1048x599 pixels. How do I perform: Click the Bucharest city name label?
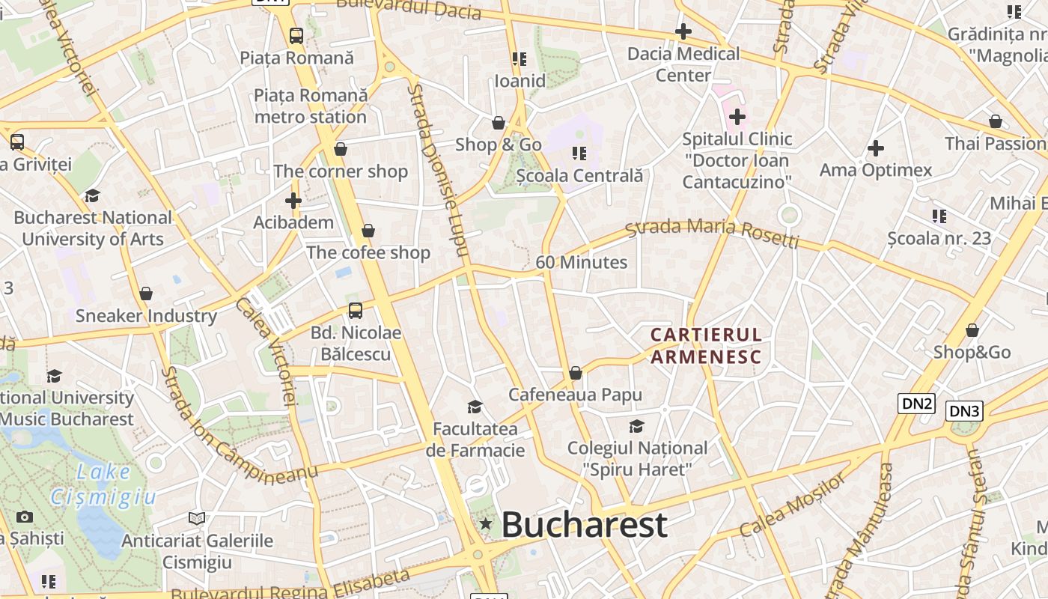[584, 524]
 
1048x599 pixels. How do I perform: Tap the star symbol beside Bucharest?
[486, 524]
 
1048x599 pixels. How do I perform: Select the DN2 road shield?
[917, 404]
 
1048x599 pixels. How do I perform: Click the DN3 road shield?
[964, 410]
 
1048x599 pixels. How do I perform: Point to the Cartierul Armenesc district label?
[706, 345]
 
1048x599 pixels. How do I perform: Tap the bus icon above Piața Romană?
[296, 35]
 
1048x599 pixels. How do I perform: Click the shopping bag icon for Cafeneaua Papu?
[576, 373]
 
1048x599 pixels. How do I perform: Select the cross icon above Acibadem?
[293, 201]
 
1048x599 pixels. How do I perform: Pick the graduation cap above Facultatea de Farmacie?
[475, 407]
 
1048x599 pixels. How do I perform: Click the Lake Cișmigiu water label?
[104, 484]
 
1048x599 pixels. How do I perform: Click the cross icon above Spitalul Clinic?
[737, 117]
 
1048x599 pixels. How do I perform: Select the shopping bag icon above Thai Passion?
[996, 121]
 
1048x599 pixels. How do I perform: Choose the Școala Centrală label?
[579, 176]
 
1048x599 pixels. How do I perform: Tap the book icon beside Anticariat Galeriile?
[197, 518]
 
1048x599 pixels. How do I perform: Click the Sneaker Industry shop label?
[146, 315]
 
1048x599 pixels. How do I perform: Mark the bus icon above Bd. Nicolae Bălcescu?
[356, 310]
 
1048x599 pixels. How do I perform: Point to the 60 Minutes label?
[582, 262]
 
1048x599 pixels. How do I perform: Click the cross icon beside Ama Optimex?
[876, 148]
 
